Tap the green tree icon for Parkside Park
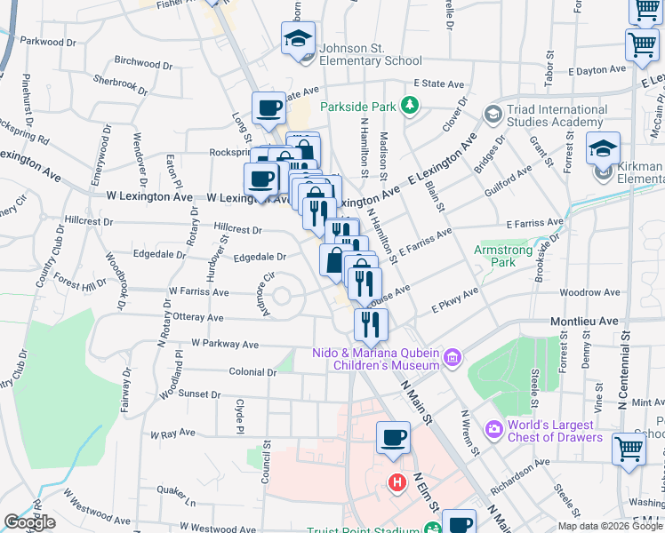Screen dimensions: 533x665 point(410,107)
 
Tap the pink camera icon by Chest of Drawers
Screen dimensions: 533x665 point(493,430)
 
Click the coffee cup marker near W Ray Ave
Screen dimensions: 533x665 point(393,437)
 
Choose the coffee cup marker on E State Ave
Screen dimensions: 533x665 point(268,108)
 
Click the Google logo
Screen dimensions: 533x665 point(29,522)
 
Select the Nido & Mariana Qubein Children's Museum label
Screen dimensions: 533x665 point(376,359)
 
